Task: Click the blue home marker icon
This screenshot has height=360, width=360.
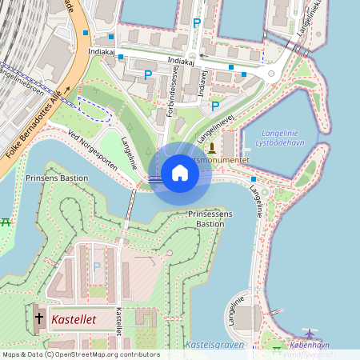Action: tap(180, 172)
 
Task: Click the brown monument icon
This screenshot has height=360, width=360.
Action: tap(211, 147)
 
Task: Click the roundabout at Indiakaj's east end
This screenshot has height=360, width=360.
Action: tap(272, 74)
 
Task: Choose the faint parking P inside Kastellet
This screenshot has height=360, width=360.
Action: tap(97, 266)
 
